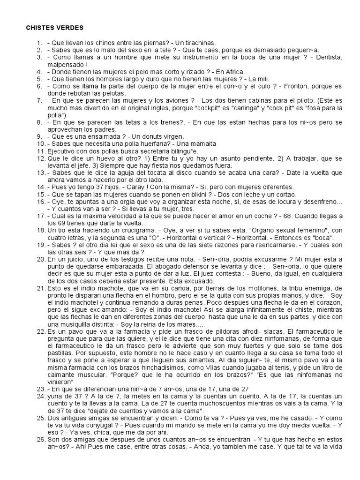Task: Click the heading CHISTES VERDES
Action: tap(54, 28)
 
